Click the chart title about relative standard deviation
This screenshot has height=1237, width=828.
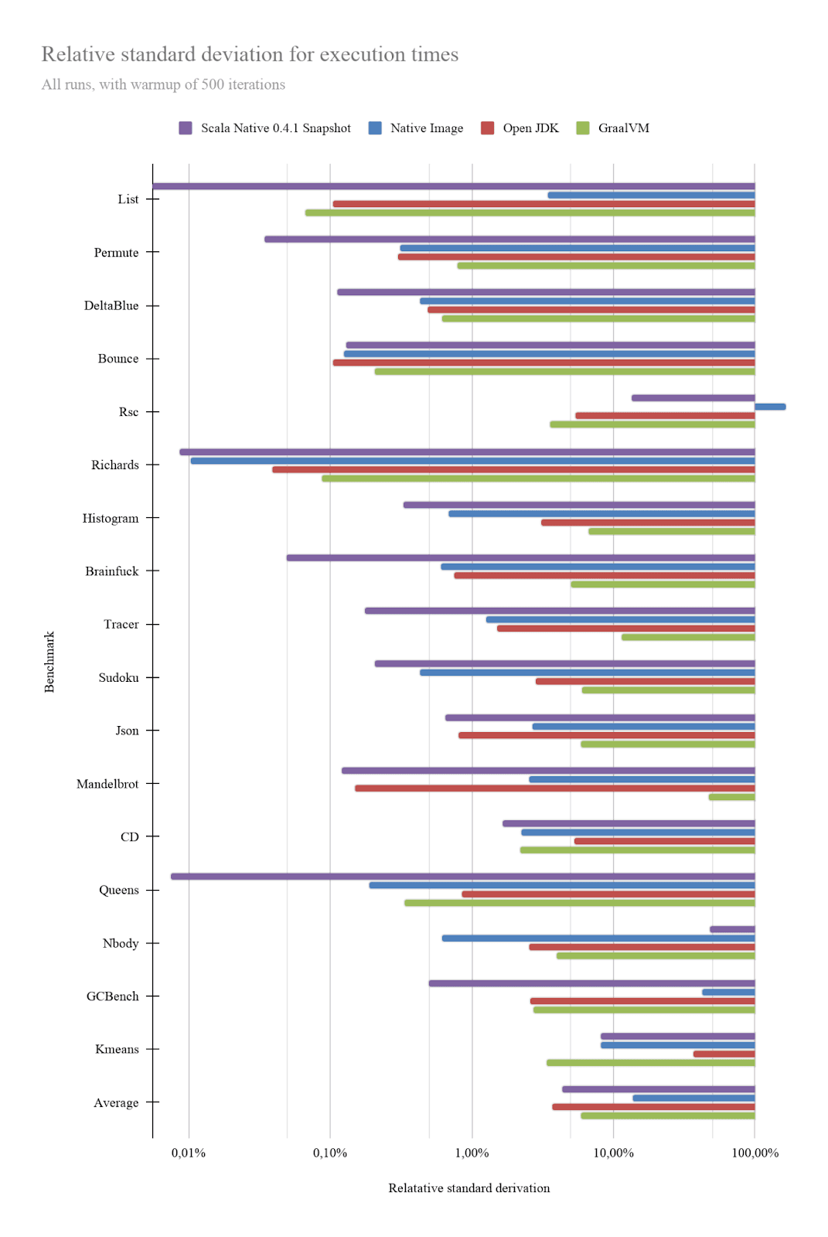(x=250, y=54)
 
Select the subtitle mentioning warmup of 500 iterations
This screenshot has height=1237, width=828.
(x=163, y=84)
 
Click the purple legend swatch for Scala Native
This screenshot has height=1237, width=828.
(x=186, y=128)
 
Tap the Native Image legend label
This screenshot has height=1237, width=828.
(x=426, y=128)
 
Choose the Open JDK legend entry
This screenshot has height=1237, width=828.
(x=530, y=128)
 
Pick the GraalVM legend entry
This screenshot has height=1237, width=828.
(x=623, y=128)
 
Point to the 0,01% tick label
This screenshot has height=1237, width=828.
(x=189, y=1153)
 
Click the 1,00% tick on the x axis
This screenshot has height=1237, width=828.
(x=472, y=1153)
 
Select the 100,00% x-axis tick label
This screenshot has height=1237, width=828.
(x=755, y=1153)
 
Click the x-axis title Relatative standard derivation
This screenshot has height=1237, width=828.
(x=469, y=1188)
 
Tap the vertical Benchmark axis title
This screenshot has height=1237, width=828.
(x=49, y=662)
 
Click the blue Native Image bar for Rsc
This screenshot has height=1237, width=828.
(x=770, y=407)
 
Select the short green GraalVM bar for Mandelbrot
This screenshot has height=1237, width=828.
(x=731, y=797)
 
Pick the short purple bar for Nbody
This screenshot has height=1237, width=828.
(x=732, y=929)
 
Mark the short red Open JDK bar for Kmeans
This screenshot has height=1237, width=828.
(x=724, y=1054)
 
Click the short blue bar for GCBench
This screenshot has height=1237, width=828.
(x=728, y=992)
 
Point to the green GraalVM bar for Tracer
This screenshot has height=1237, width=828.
(x=688, y=637)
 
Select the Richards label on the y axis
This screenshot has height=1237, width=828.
(x=115, y=465)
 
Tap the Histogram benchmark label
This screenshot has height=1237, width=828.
(x=111, y=518)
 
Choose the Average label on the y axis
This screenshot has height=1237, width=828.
(x=116, y=1102)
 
